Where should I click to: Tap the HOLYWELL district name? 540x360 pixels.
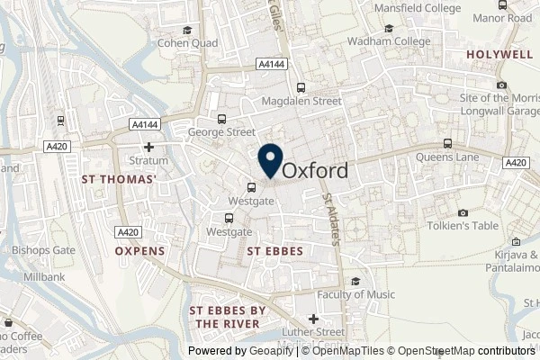coord(500,55)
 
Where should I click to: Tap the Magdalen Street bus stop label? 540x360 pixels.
coord(301,102)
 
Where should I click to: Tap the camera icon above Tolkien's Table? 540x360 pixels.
coord(463,212)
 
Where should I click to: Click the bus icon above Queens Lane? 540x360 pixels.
coord(447,143)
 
